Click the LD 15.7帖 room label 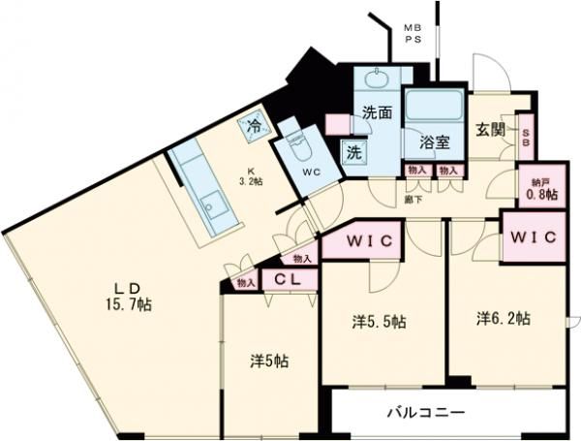click(x=131, y=297)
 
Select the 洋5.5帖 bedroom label click(x=379, y=321)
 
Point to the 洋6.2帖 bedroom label click(x=504, y=317)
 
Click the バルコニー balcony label click(x=426, y=412)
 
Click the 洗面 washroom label click(x=377, y=112)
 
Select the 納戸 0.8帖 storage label click(x=538, y=186)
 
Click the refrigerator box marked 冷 click(x=255, y=124)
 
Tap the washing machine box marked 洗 click(x=354, y=151)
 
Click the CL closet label click(x=286, y=279)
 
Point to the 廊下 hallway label click(x=412, y=201)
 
